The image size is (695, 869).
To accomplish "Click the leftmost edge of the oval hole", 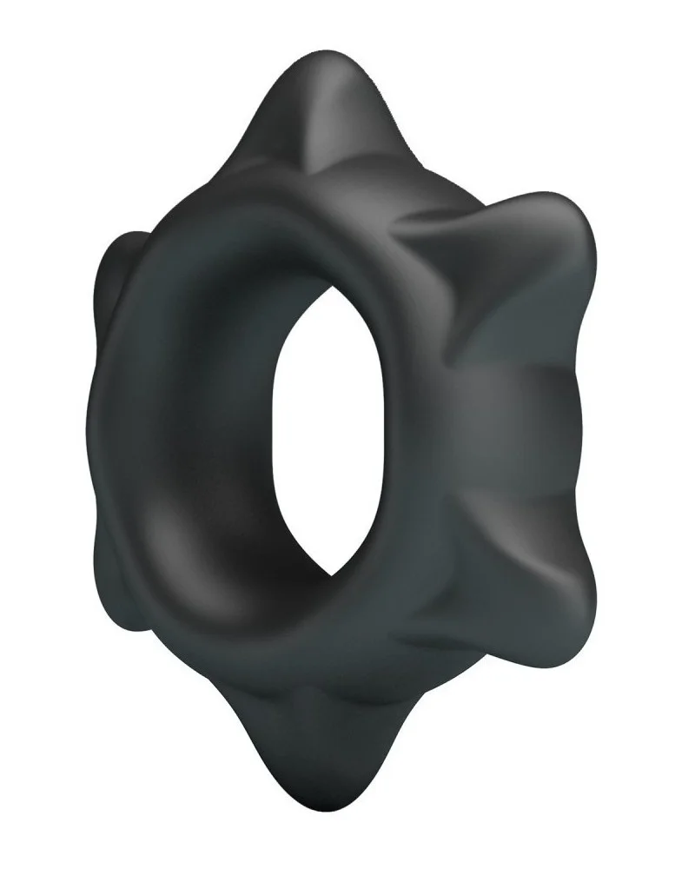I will click(275, 452).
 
